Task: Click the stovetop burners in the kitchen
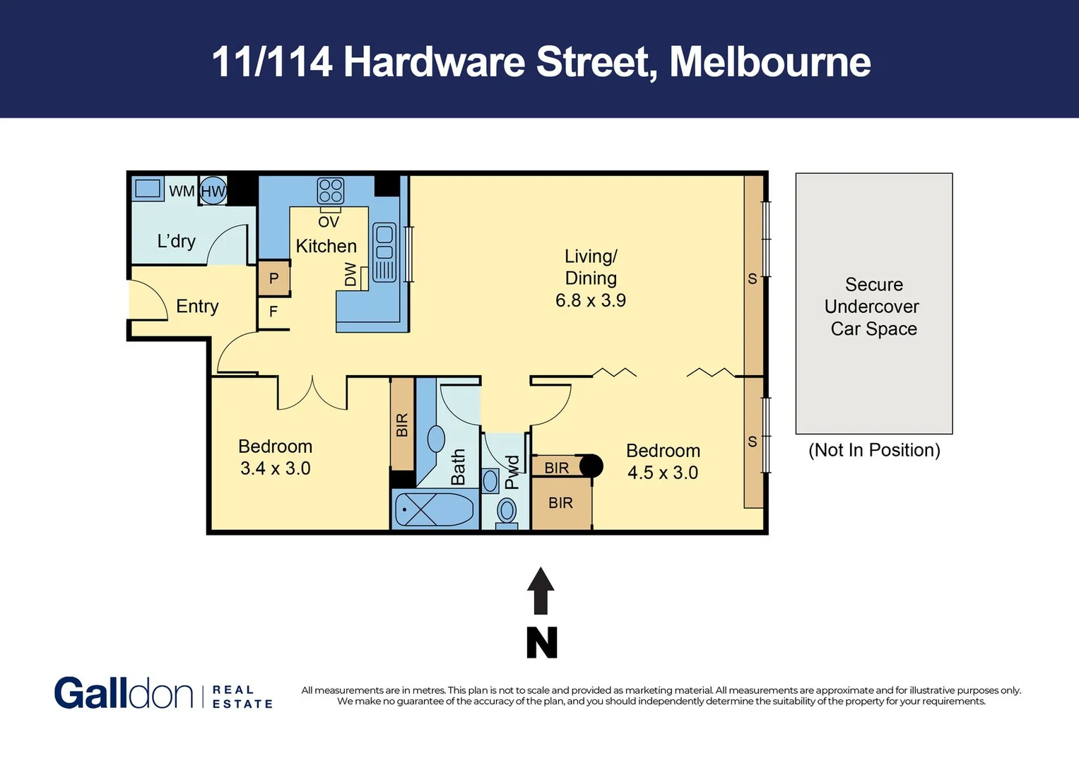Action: point(331,191)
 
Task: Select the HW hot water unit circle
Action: point(213,191)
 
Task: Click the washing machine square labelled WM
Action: point(148,189)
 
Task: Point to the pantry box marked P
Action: point(273,278)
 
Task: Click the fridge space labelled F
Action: point(273,312)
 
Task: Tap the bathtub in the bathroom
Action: point(434,509)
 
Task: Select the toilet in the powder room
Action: point(507,510)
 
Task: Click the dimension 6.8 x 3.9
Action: point(591,300)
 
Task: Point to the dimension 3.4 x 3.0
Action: point(276,468)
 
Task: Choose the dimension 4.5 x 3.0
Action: point(663,473)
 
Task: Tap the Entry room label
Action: point(197,306)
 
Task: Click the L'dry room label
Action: point(176,241)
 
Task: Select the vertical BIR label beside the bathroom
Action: point(402,425)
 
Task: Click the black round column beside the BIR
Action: point(591,466)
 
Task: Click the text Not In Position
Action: point(874,450)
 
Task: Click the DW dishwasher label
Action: point(350,274)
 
